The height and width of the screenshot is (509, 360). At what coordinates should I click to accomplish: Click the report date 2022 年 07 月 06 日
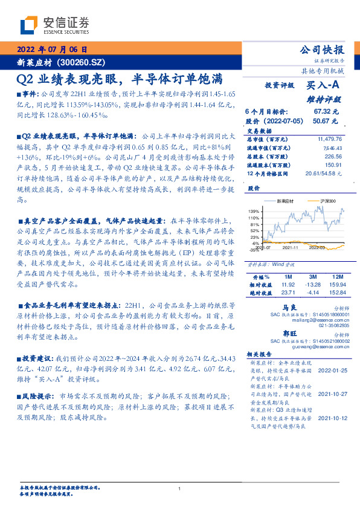click(53, 50)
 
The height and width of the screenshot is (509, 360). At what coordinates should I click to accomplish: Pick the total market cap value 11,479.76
click(329, 138)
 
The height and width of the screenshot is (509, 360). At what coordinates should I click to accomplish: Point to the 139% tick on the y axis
click(253, 210)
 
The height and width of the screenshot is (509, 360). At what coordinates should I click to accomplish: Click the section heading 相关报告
click(260, 354)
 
